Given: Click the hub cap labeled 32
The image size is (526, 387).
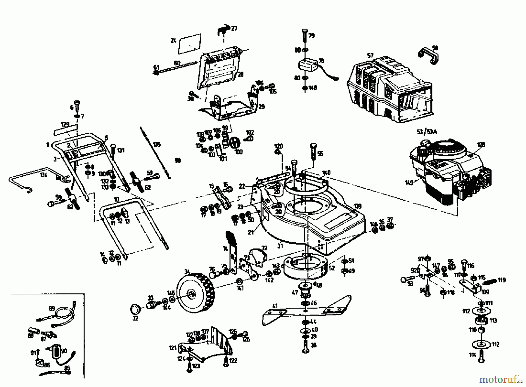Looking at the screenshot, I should click(135, 309).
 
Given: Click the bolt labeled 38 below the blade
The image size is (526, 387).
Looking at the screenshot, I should click(306, 348).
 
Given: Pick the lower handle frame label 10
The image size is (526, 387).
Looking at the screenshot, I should click(116, 199).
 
